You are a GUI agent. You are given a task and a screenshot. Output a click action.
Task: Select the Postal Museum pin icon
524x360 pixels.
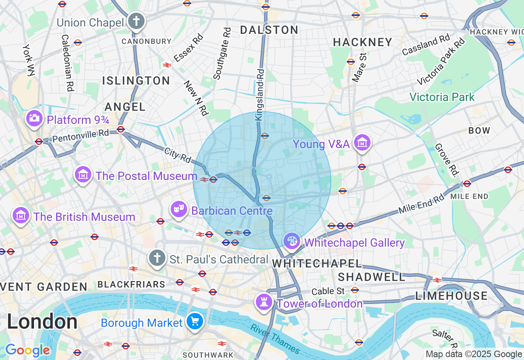pyautogui.click(x=83, y=175)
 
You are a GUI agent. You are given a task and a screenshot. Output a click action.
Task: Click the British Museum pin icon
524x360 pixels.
pyautogui.click(x=21, y=216)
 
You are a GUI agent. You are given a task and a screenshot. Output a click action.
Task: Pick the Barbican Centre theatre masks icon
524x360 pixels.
pyautogui.click(x=178, y=210)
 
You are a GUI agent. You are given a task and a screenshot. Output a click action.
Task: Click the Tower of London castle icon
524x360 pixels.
pyautogui.click(x=264, y=303)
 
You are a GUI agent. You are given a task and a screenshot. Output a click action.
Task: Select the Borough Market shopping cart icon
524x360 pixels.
pyautogui.click(x=195, y=322)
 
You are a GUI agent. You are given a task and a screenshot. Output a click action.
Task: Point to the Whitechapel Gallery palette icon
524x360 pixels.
pyautogui.click(x=292, y=241)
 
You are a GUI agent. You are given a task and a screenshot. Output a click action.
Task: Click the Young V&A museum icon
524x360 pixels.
pyautogui.click(x=362, y=143)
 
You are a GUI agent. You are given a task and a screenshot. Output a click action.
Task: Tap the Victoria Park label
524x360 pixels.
pyautogui.click(x=442, y=97)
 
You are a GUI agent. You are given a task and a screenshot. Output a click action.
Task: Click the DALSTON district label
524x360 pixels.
pyautogui.click(x=269, y=30)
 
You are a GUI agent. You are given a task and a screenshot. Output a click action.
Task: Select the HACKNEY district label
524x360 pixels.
pyautogui.click(x=362, y=42)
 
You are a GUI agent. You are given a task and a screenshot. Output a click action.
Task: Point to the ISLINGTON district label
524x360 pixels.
pyautogui.click(x=136, y=81)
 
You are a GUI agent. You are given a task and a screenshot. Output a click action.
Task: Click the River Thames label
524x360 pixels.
pyautogui.click(x=275, y=339)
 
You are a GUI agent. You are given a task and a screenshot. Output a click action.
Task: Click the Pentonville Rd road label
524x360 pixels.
pyautogui.click(x=81, y=135)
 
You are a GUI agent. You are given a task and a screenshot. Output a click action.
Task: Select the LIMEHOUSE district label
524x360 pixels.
pyautogui.click(x=452, y=296)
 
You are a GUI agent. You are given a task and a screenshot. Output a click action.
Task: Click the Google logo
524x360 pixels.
pyautogui.click(x=27, y=351)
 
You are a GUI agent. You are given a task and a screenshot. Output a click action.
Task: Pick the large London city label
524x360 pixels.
pyautogui.click(x=42, y=322)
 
